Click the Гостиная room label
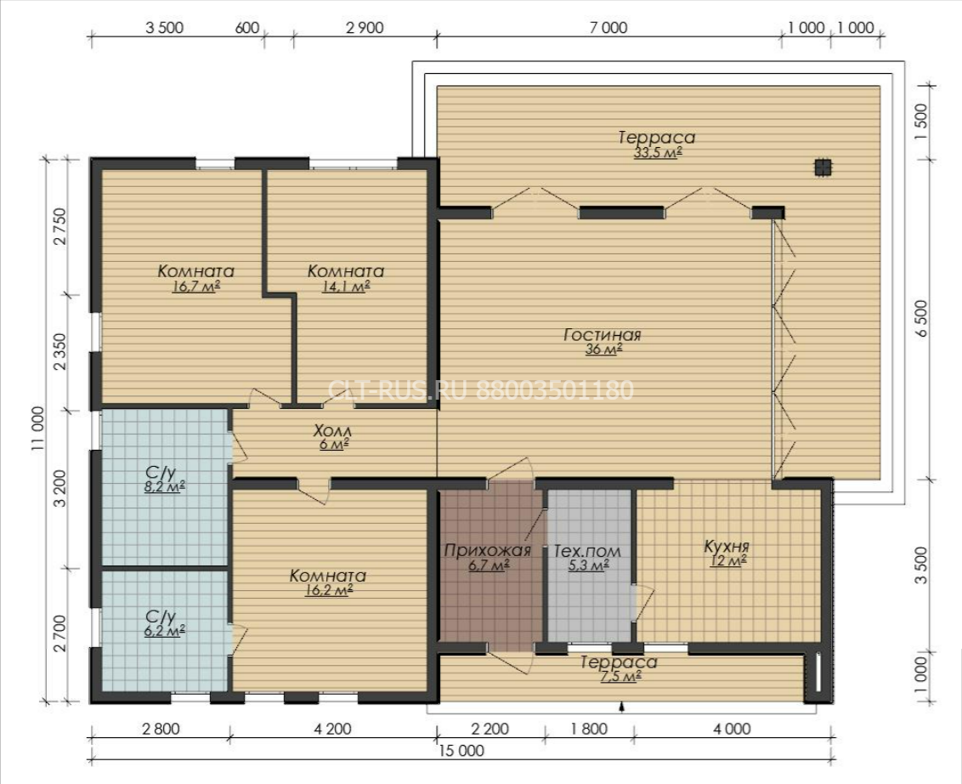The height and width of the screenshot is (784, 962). [x=602, y=334]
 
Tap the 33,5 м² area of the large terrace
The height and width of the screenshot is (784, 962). [x=658, y=153]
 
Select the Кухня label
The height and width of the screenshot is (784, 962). [x=727, y=547]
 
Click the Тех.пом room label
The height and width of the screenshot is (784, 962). [x=587, y=551]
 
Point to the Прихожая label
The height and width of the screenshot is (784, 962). [x=487, y=550]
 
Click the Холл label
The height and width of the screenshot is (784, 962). [x=332, y=430]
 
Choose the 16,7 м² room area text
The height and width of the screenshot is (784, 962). [x=196, y=286]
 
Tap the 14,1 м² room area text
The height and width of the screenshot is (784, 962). [x=346, y=286]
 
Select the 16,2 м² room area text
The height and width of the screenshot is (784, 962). [x=328, y=591]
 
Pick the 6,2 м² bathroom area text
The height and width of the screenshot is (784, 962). [x=165, y=630]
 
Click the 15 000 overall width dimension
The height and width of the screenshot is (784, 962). [x=461, y=750]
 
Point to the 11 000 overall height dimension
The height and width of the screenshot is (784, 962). [x=37, y=428]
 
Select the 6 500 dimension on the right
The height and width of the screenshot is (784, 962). [x=921, y=319]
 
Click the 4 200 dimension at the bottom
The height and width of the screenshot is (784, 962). [x=332, y=729]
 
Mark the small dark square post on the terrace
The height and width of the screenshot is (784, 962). [x=823, y=168]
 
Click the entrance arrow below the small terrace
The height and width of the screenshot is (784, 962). [x=622, y=707]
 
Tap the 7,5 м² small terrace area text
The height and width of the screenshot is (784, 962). [x=619, y=677]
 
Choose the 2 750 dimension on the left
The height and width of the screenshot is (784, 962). [x=59, y=226]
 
